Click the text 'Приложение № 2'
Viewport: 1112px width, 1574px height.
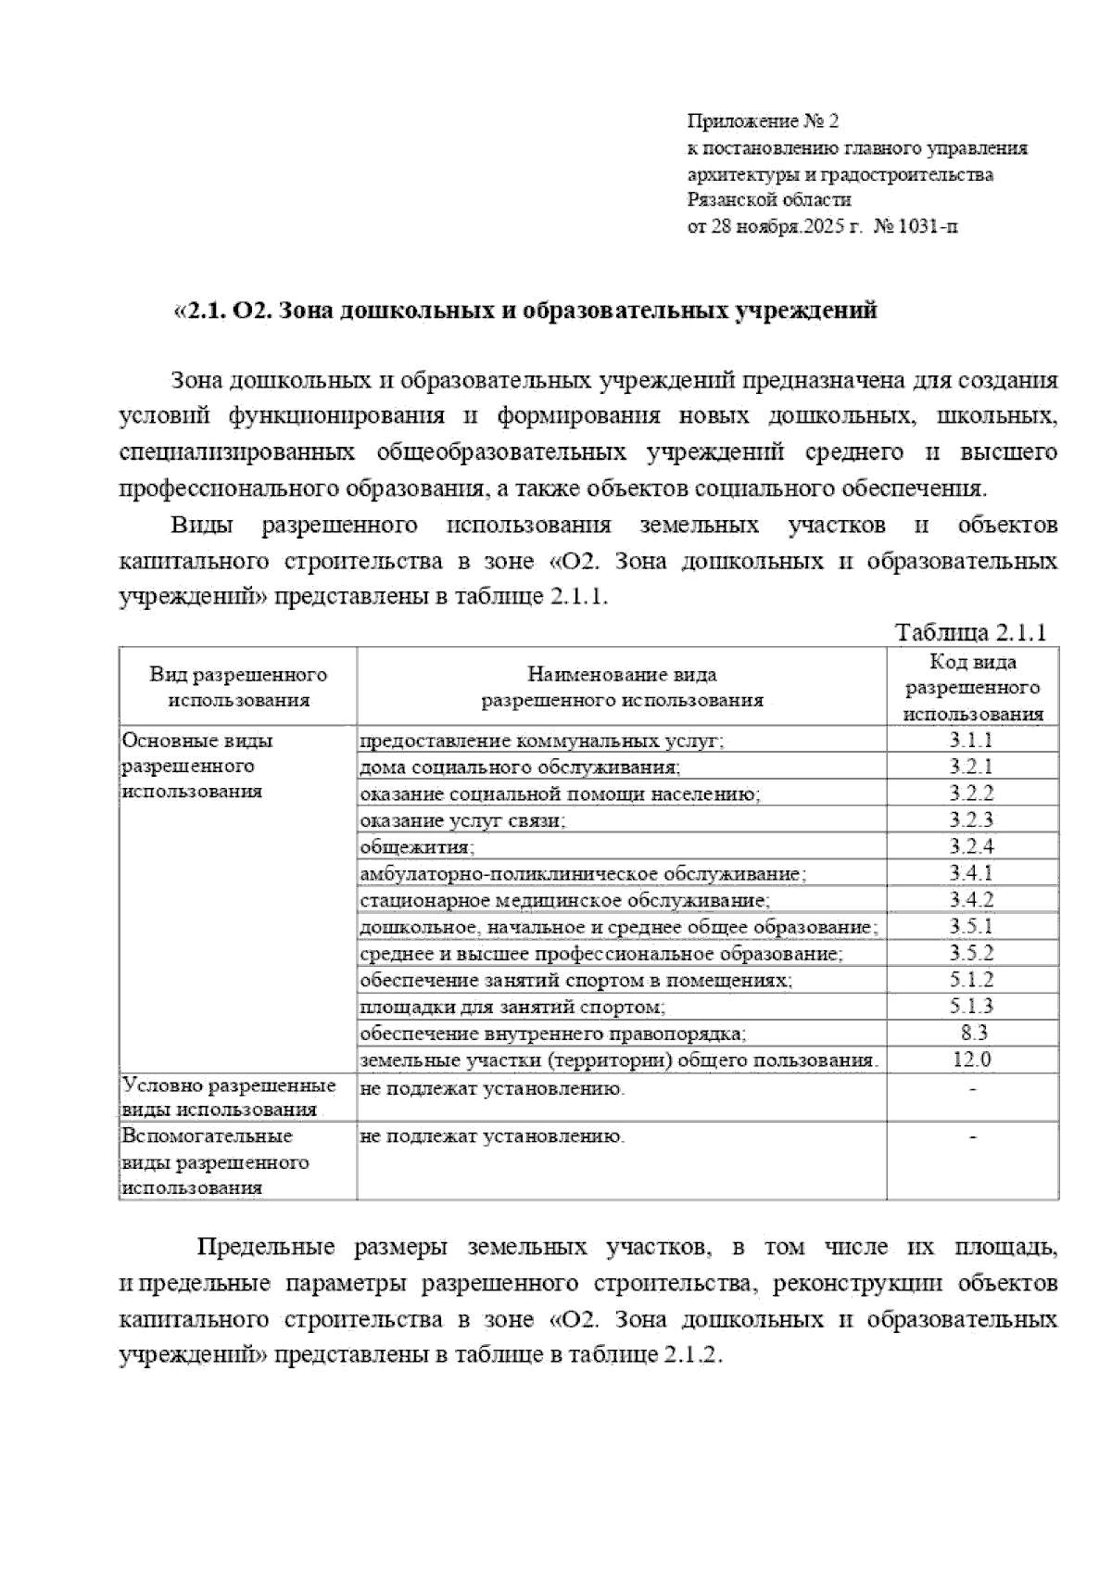(762, 121)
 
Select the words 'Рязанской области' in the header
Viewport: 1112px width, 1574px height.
(769, 199)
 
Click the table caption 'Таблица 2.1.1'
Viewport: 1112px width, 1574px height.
(970, 632)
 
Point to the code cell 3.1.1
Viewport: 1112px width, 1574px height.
(971, 740)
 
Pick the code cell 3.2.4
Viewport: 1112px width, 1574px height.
(971, 846)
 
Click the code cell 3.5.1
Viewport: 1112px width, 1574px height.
(971, 926)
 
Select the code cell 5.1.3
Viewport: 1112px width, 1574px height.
(971, 1006)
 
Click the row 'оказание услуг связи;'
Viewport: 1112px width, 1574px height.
(462, 820)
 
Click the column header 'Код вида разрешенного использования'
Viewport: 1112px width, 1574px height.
(972, 688)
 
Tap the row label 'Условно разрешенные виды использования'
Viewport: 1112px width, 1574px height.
(229, 1098)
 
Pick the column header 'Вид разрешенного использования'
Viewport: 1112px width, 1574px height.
(238, 688)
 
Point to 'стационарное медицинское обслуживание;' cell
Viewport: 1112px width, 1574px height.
(564, 900)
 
